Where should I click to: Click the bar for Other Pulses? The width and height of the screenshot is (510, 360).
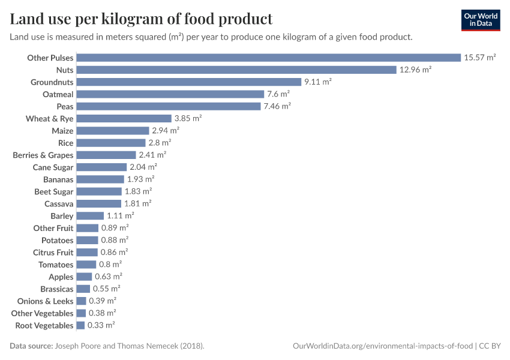pos(268,58)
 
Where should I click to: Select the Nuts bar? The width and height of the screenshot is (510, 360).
pos(236,70)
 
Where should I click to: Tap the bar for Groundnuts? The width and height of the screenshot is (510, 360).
pos(189,82)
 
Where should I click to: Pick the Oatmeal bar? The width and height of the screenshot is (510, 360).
pos(170,94)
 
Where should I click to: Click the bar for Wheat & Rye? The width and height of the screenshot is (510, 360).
pos(124,118)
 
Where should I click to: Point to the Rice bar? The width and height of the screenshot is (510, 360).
pos(111,143)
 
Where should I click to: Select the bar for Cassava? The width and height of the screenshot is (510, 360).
pos(99,203)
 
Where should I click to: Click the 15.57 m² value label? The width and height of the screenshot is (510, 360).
pos(479,58)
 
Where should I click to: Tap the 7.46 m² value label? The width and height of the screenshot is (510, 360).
pos(277,106)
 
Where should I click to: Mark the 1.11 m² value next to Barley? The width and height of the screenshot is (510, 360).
pos(120,215)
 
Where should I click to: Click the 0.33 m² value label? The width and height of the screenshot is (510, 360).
pos(101,325)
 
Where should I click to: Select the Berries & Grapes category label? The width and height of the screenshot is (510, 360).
pos(43,155)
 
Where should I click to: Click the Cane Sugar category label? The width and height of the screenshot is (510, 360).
pos(53,167)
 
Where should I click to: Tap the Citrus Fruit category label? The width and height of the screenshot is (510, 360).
pos(53,253)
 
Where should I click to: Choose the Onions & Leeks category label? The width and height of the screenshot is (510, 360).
pos(46,301)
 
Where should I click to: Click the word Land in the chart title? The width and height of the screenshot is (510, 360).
pos(25,19)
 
